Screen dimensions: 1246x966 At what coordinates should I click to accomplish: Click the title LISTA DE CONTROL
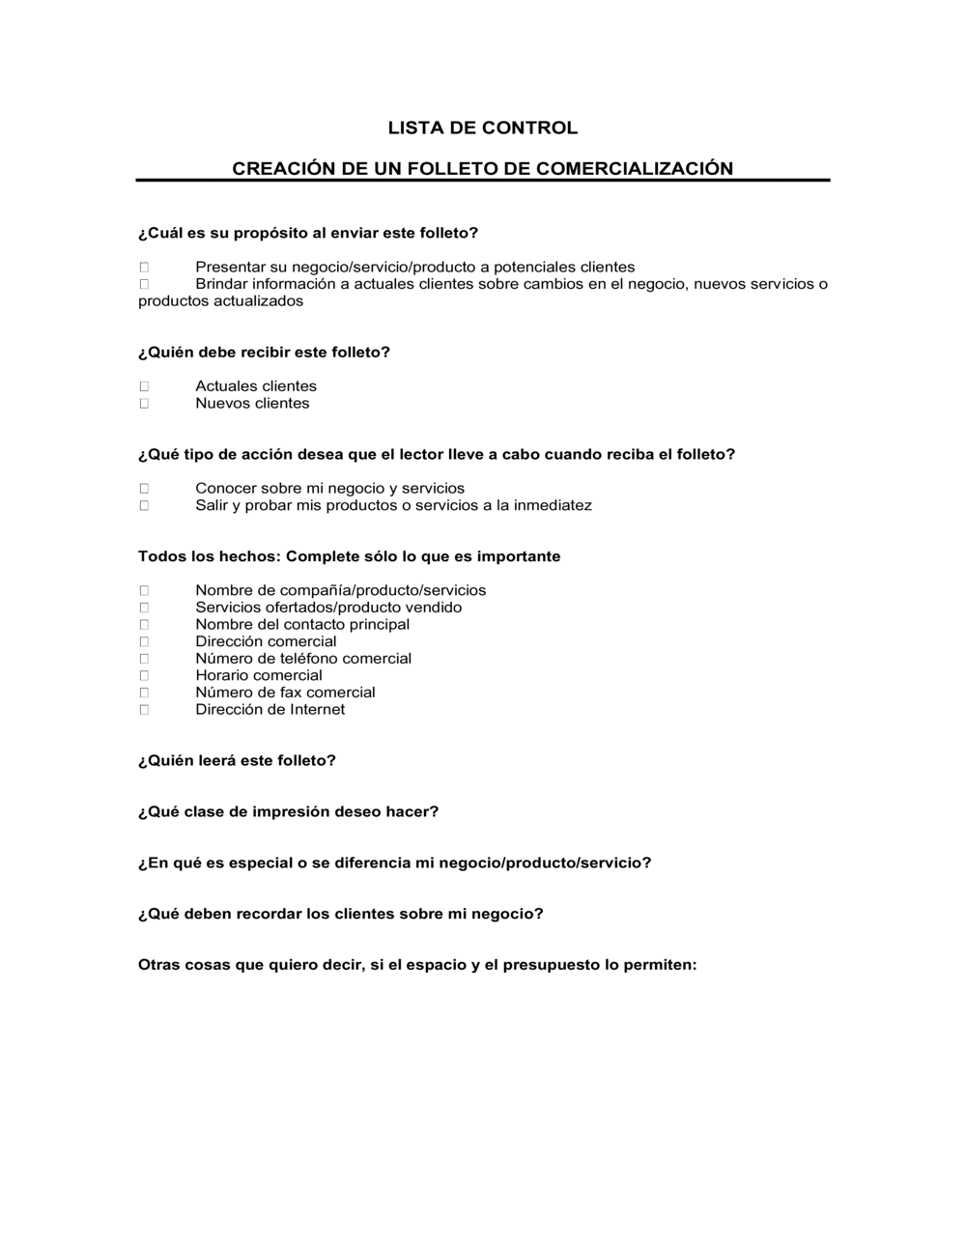click(x=482, y=127)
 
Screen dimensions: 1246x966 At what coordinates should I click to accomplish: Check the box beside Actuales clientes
click(x=144, y=386)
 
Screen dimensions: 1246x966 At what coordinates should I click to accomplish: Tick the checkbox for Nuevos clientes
click(x=144, y=404)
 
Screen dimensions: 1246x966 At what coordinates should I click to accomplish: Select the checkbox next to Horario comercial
click(x=144, y=675)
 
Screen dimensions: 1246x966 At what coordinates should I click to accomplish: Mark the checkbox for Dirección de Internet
click(x=144, y=710)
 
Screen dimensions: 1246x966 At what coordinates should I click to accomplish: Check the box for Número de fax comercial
click(x=144, y=693)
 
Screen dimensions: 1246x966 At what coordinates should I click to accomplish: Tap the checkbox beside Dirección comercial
click(x=144, y=641)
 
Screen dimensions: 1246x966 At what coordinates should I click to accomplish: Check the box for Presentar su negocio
click(x=144, y=267)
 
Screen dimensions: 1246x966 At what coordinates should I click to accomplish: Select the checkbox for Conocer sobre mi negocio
click(x=144, y=489)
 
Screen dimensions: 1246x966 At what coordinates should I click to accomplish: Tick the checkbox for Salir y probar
click(x=144, y=505)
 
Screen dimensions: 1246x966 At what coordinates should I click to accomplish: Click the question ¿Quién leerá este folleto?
click(x=237, y=761)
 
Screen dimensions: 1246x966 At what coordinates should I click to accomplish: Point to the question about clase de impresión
click(x=288, y=812)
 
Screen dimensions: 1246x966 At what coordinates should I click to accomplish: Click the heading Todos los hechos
click(x=208, y=556)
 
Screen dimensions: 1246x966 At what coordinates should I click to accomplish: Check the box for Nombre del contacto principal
click(x=144, y=625)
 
